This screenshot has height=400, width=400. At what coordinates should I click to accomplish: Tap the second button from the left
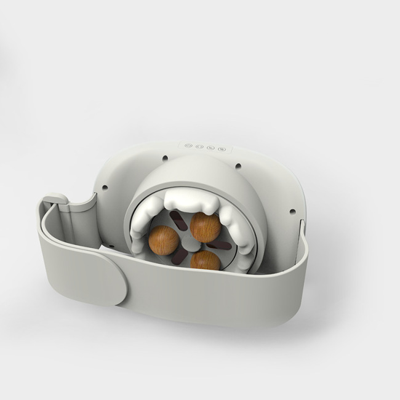pos(199,146)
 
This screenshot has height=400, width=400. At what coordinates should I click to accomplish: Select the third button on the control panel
pos(209,147)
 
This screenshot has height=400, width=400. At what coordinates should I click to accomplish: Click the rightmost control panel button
pos(219,148)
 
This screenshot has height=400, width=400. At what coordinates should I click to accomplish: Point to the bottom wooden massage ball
pos(206,260)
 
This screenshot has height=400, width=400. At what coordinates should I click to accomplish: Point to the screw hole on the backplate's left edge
pos(105,188)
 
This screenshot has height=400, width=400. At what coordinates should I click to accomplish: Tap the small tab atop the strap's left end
pos(56,198)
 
